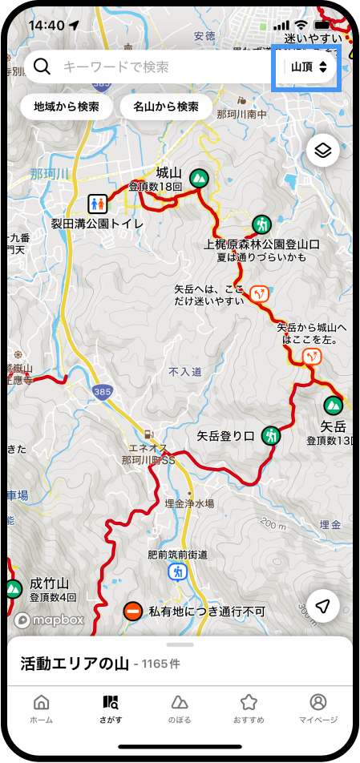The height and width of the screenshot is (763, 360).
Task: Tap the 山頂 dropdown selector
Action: pos(308,67)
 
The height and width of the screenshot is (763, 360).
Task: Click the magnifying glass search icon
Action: pos(42,67)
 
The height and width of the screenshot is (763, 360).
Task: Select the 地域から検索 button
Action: pos(67,106)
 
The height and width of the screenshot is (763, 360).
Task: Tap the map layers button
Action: pos(322,150)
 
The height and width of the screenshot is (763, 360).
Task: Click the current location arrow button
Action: pos(322,607)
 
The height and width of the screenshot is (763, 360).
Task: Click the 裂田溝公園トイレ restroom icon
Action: pos(119,203)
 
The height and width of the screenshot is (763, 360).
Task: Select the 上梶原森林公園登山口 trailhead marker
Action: pos(261,224)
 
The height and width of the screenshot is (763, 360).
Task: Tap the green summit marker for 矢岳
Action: pos(332,405)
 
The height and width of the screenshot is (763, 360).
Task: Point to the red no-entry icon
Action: pos(133,612)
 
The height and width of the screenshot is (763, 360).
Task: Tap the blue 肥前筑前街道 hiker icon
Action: pos(177,571)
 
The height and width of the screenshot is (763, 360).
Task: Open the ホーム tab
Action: pos(42,708)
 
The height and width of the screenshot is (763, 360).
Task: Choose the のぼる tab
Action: pos(180,708)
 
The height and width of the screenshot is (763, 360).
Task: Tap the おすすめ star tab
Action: pos(249,708)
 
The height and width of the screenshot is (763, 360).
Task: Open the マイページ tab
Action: pos(318,708)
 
